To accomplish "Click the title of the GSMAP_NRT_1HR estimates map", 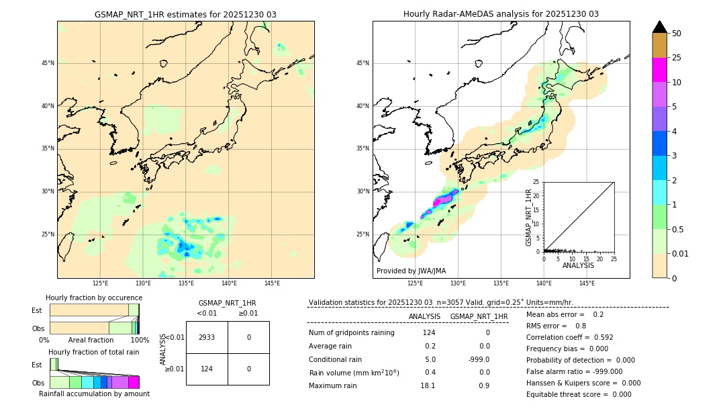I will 185,14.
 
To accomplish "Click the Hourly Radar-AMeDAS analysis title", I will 501,14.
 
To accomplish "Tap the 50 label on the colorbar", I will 677,34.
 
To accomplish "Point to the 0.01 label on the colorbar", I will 681,253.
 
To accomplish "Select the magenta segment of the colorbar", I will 659,70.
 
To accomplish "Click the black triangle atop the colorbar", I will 659,27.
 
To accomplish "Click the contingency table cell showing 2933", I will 207,337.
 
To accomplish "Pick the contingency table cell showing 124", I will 207,369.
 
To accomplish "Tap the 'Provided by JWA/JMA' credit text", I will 411,271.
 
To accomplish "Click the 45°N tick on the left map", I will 48,63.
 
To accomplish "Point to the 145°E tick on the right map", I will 587,283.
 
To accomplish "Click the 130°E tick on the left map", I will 143,283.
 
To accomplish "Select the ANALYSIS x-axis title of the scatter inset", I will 578,265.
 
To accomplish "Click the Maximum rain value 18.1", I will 428,385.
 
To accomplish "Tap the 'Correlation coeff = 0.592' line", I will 569,337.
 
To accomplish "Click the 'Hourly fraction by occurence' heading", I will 94,298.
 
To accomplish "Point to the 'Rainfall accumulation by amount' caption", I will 94,394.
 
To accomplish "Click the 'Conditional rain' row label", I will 336,359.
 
